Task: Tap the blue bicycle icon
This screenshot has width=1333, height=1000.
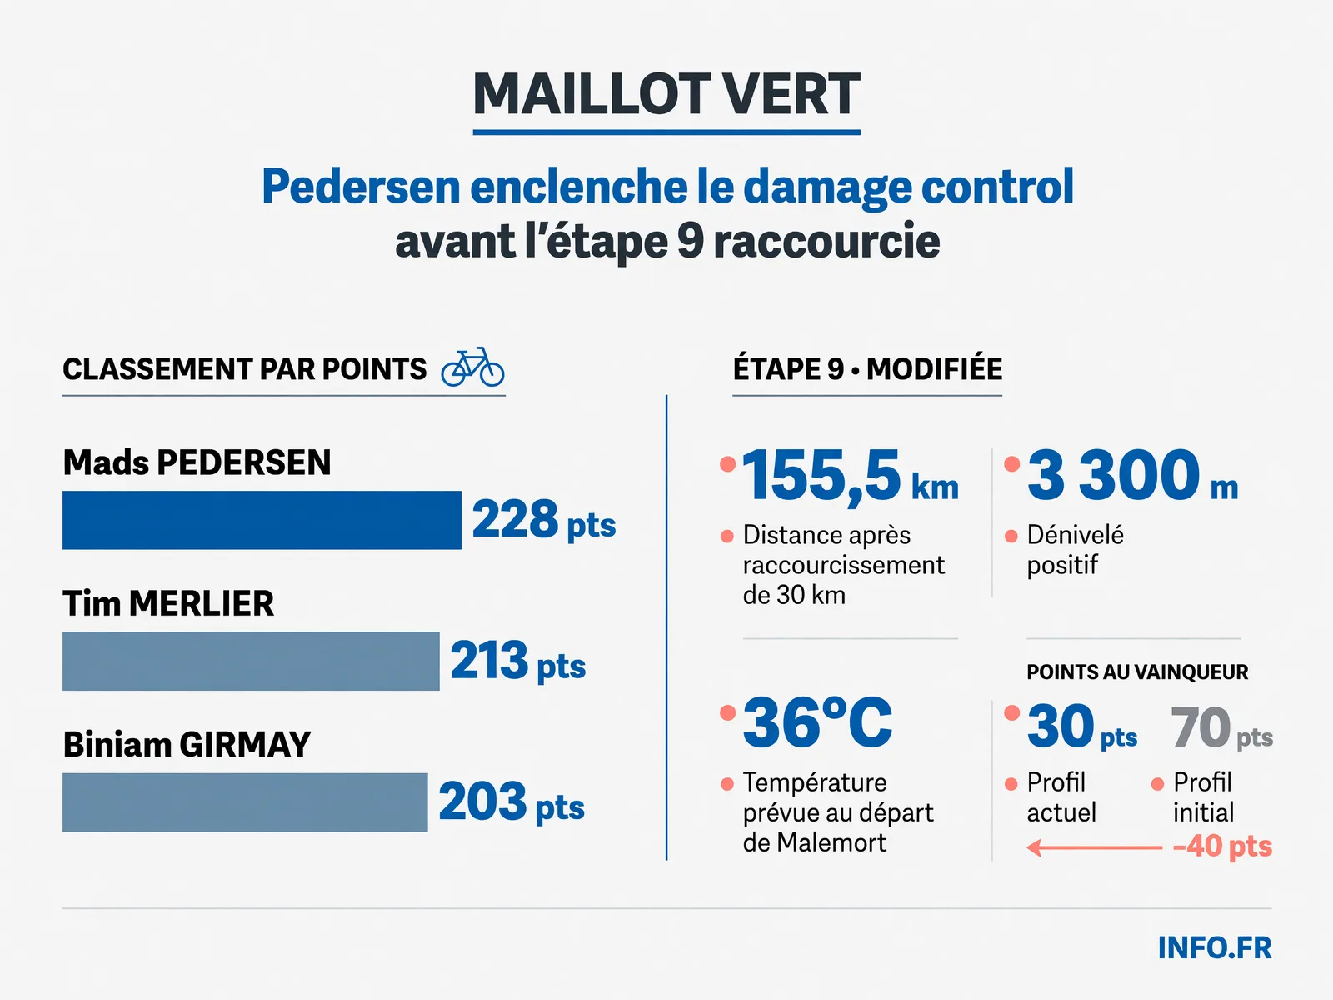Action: pyautogui.click(x=472, y=367)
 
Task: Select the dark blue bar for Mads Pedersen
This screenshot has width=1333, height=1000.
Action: pyautogui.click(x=262, y=520)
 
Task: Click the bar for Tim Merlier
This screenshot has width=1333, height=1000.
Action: pyautogui.click(x=251, y=661)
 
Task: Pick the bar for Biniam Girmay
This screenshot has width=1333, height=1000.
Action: pyautogui.click(x=245, y=802)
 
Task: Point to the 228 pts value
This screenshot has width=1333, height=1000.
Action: pyautogui.click(x=544, y=520)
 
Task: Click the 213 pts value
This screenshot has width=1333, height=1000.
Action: pyautogui.click(x=518, y=661)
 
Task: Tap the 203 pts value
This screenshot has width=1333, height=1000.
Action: pyautogui.click(x=512, y=802)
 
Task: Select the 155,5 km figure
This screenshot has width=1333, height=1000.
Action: pyautogui.click(x=851, y=475)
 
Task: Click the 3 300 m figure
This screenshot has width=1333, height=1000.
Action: pyautogui.click(x=1132, y=474)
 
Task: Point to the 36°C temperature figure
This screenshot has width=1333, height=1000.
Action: pyautogui.click(x=817, y=722)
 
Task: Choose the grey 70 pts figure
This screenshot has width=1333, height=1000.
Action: pyautogui.click(x=1221, y=727)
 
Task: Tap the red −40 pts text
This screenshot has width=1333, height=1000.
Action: pyautogui.click(x=1222, y=847)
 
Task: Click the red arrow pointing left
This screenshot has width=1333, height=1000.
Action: pyautogui.click(x=1095, y=847)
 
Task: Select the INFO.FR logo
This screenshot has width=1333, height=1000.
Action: pyautogui.click(x=1215, y=947)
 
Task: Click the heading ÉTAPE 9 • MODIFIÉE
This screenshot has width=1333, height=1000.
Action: pyautogui.click(x=867, y=368)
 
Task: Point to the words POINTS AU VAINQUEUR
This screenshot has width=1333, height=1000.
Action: pyautogui.click(x=1137, y=672)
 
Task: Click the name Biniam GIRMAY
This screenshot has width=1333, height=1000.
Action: pyautogui.click(x=187, y=744)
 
